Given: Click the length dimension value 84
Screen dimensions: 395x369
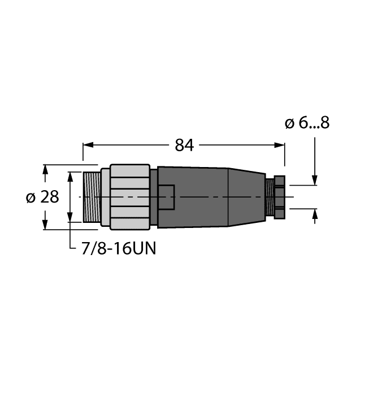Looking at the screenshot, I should coord(184,145).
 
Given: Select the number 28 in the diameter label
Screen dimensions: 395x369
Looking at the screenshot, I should coord(50,197).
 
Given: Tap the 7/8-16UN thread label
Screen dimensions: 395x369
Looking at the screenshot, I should coord(116,248).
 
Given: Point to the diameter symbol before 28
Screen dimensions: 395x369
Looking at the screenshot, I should coord(32,198).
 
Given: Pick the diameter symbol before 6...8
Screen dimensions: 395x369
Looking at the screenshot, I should coord(290,124).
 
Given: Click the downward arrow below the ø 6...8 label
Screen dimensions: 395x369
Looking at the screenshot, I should coord(315,179).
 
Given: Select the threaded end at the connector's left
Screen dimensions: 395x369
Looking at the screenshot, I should coord(91,197).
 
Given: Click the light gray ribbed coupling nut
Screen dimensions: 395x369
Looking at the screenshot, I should coord(129,197).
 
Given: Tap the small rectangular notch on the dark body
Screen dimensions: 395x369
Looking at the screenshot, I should coord(167,197).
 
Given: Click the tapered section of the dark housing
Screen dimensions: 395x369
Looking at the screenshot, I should coord(246,197).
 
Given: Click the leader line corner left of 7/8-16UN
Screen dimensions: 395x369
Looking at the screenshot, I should coord(70,248).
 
